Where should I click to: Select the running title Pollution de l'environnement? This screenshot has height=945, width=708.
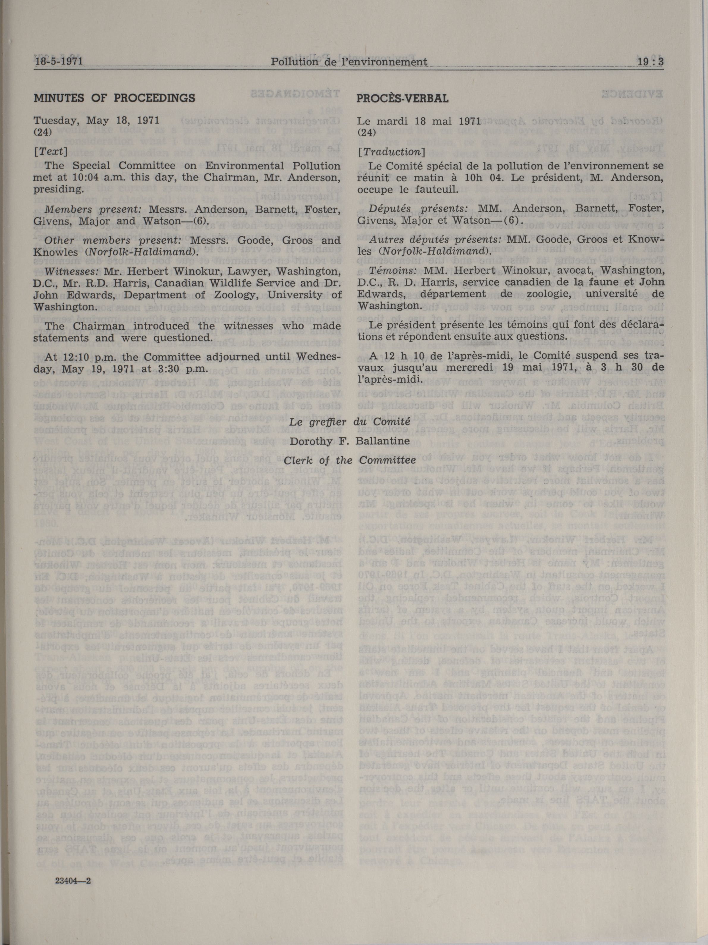[x=349, y=62]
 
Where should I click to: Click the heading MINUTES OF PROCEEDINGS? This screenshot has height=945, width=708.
[x=114, y=98]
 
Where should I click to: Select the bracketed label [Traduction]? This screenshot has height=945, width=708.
[x=391, y=152]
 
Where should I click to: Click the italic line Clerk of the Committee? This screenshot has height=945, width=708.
[x=349, y=460]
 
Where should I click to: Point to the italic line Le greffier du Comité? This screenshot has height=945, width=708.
[x=349, y=422]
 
